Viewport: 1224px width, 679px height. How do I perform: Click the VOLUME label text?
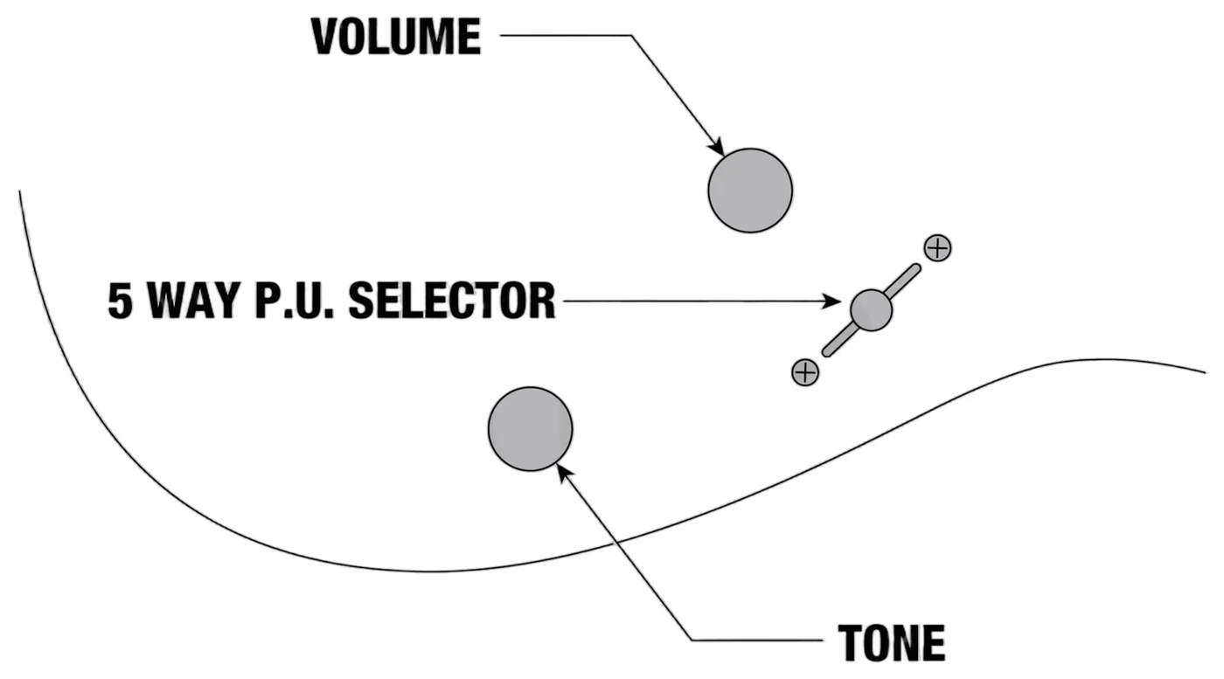(396, 37)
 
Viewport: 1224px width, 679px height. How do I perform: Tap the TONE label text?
(892, 643)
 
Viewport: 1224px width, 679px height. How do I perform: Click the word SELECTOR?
(452, 301)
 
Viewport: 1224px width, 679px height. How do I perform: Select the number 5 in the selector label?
(121, 301)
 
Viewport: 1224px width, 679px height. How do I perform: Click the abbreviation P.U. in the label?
(295, 301)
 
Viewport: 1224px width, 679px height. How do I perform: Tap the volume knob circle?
(750, 191)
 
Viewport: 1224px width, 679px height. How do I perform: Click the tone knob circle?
(530, 429)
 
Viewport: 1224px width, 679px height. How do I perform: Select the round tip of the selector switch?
(871, 309)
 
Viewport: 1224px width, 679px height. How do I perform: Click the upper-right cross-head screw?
(937, 248)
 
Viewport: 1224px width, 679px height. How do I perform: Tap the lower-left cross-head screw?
(805, 372)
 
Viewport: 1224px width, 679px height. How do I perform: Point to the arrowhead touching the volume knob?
(716, 147)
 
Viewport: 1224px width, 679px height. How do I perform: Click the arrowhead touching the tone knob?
(566, 473)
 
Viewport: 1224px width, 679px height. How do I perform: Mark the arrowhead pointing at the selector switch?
(831, 301)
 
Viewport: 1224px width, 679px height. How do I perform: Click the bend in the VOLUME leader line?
(631, 36)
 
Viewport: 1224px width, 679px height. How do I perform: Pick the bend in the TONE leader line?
(692, 640)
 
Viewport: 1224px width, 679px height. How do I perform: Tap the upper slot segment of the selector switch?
(902, 281)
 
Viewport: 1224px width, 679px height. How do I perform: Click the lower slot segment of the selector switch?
(840, 340)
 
